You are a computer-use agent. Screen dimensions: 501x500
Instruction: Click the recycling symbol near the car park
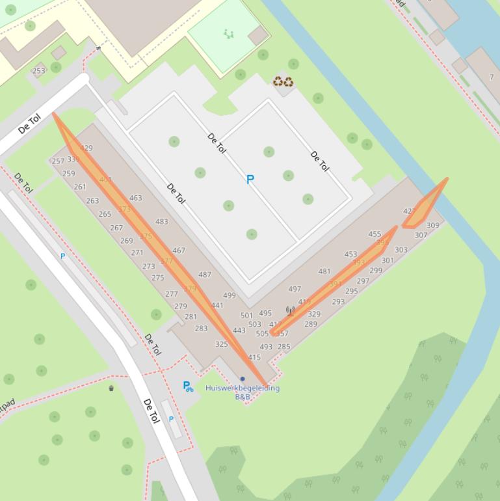pos(283,81)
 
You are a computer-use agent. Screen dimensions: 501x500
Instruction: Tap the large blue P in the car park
pos(250,180)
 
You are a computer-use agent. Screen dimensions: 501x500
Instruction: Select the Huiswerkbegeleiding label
pos(242,388)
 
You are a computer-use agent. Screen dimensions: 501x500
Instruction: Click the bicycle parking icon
pos(188,386)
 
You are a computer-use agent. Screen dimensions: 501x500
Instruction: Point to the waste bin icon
pos(111,388)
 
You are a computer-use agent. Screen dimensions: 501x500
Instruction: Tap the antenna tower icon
pos(290,311)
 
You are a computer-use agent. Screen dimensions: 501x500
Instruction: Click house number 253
pos(39,71)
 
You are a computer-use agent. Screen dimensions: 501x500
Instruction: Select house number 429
pos(86,148)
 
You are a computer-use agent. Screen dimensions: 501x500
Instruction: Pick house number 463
pos(135,198)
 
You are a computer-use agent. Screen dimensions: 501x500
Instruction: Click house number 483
pos(161,221)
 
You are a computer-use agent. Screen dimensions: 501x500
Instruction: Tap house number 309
pos(432,225)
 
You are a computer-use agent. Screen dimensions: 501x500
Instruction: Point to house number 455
pos(375,234)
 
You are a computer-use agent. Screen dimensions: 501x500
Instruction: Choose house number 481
pos(324,271)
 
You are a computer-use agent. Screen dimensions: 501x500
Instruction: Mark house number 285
pos(283,347)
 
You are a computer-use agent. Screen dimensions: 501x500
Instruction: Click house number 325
pos(222,344)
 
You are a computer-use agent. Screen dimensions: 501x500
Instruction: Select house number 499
pos(229,295)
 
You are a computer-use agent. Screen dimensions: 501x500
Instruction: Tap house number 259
pos(68,174)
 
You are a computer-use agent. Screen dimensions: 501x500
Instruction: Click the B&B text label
pos(243,396)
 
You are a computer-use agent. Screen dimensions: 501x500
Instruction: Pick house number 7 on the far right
pos(492,77)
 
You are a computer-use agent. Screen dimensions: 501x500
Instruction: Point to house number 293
pos(338,301)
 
